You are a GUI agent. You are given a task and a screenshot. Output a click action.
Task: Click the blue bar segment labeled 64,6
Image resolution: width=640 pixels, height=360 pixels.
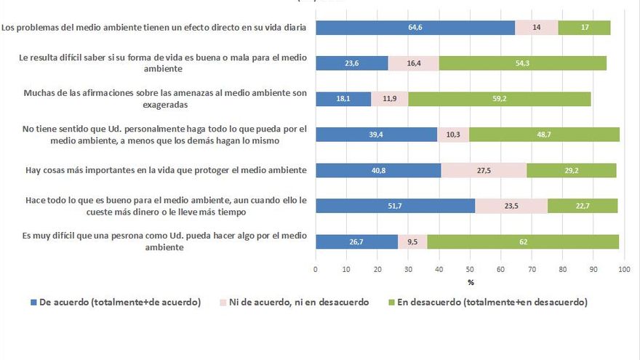coord(415,28)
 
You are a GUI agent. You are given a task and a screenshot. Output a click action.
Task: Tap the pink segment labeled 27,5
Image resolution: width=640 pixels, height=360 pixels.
coord(484,170)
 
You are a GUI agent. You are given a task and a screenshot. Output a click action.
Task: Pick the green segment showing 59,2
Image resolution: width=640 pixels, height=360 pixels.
coord(500,99)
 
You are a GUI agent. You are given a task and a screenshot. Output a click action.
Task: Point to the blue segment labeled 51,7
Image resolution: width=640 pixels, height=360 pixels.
coord(395,206)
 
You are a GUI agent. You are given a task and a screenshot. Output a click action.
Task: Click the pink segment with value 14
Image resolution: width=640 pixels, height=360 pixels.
coord(537,28)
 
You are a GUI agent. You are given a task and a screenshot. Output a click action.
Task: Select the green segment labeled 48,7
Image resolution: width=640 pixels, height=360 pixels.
coord(544,135)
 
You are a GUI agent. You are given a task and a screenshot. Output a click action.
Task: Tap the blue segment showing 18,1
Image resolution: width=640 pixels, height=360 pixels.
coord(343,99)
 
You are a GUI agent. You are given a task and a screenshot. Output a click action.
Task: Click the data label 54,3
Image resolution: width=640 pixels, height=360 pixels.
coord(523,63)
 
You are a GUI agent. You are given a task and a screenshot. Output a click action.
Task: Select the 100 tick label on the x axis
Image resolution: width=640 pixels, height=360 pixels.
coord(623,270)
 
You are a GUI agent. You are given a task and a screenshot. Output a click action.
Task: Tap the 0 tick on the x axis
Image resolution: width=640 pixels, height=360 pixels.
coord(316,270)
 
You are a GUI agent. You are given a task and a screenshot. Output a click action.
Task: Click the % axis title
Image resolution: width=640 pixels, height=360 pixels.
coord(471,282)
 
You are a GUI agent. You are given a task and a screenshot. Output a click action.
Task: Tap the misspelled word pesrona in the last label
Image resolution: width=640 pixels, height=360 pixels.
coord(141,236)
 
